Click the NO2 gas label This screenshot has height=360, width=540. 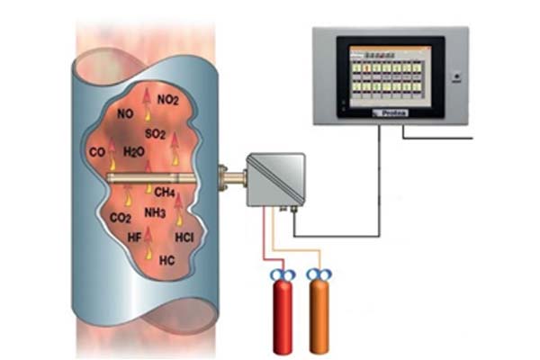point(167,99)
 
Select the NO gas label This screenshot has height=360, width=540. point(125,115)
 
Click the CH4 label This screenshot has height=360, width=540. point(164,192)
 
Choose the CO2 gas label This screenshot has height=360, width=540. point(121,217)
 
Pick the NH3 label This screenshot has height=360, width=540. point(155,212)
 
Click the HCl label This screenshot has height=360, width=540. point(184,238)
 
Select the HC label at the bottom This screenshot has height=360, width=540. point(166,260)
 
